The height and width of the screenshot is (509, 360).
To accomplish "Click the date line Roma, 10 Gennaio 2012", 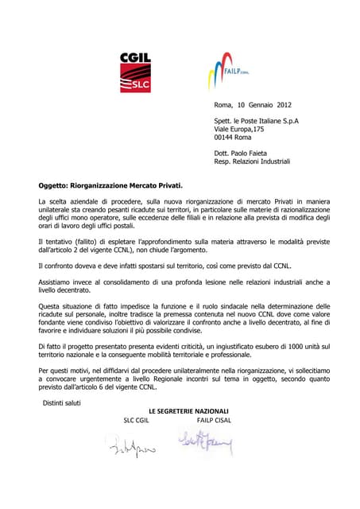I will point(254,105).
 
